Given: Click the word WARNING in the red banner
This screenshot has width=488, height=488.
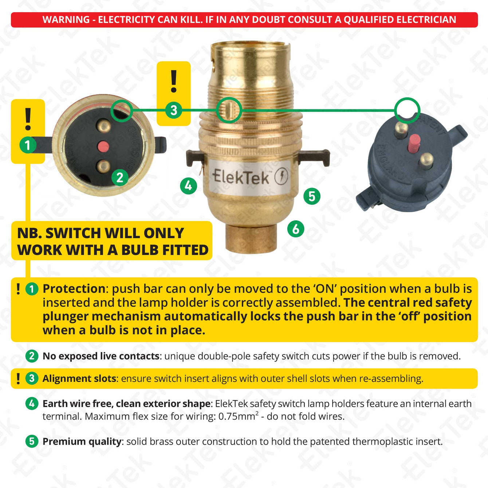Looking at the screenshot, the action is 66,20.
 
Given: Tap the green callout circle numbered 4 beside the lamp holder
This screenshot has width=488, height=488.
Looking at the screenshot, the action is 188,186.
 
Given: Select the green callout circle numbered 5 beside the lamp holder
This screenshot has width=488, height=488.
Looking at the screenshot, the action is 312,196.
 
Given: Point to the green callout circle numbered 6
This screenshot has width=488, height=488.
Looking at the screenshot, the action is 296,229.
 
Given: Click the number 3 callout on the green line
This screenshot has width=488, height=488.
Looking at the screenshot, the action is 173,110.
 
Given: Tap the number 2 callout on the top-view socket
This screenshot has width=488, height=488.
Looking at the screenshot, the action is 120,177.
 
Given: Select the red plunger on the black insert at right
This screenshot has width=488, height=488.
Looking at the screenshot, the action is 414,143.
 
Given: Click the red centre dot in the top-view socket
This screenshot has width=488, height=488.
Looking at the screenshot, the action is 103,147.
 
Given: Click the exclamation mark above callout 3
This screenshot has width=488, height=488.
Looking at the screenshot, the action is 174,81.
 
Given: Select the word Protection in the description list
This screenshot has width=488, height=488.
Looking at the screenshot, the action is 74,289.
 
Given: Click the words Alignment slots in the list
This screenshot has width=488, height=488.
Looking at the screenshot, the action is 79,379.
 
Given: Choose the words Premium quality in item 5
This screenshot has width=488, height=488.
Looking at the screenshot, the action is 82,442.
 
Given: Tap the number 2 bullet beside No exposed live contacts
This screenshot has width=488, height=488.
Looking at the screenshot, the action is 32,356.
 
